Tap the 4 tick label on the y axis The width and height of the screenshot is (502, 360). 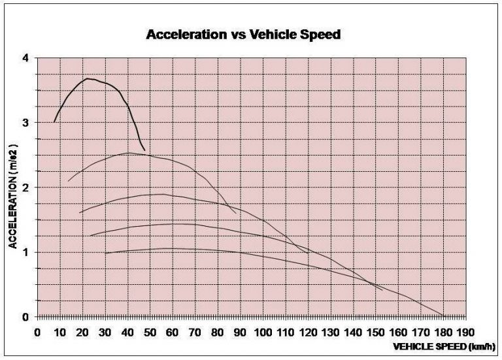(25, 58)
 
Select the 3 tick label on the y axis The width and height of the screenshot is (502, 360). (25, 123)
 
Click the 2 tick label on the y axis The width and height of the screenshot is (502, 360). (25, 188)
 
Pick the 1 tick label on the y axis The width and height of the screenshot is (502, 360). (25, 252)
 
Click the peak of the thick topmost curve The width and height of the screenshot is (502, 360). (88, 79)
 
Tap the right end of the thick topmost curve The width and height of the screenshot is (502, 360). (144, 150)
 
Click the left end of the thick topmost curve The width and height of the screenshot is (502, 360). (54, 122)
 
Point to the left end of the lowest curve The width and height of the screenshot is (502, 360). (105, 253)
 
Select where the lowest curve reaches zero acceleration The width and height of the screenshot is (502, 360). (444, 316)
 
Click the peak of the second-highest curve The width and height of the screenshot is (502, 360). (129, 153)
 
